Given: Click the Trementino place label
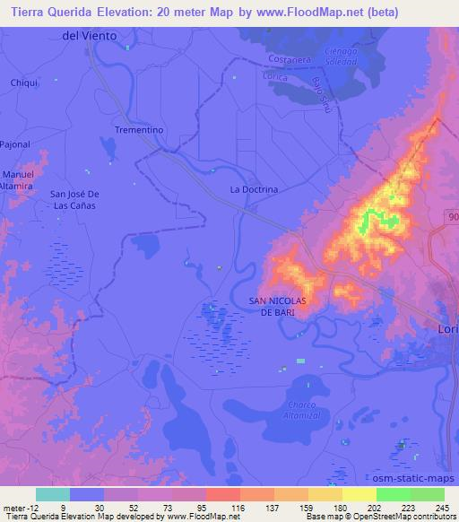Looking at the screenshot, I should tap(138, 130).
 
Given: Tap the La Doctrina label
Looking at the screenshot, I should tap(255, 190).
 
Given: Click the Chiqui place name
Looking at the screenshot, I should tap(23, 83).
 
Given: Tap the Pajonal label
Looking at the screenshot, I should tap(14, 143).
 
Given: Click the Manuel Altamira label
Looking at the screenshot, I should tap(19, 178).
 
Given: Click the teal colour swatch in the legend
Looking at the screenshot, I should tap(53, 494).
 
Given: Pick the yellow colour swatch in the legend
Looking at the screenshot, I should tap(359, 494).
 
